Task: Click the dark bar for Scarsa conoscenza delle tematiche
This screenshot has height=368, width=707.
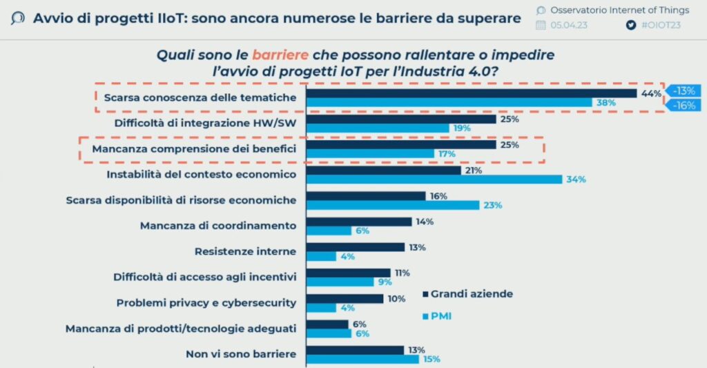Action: pyautogui.click(x=471, y=93)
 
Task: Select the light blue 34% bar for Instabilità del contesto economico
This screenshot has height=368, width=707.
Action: pyautogui.click(x=434, y=180)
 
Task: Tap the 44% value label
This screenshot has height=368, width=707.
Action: pyautogui.click(x=651, y=93)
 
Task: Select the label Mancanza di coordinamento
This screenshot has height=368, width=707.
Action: pyautogui.click(x=217, y=226)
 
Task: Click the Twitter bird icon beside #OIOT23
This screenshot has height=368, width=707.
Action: pyautogui.click(x=630, y=26)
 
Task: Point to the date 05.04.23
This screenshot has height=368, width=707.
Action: pyautogui.click(x=570, y=26)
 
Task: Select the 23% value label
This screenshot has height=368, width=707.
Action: pyautogui.click(x=493, y=205)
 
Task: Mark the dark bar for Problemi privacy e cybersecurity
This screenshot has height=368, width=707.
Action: pyautogui.click(x=345, y=298)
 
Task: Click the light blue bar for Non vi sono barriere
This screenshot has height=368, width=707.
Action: pyautogui.click(x=362, y=359)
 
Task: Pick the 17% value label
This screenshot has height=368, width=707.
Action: pyautogui.click(x=445, y=154)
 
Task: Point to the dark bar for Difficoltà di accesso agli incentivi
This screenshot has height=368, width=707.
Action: pyautogui.click(x=348, y=273)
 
